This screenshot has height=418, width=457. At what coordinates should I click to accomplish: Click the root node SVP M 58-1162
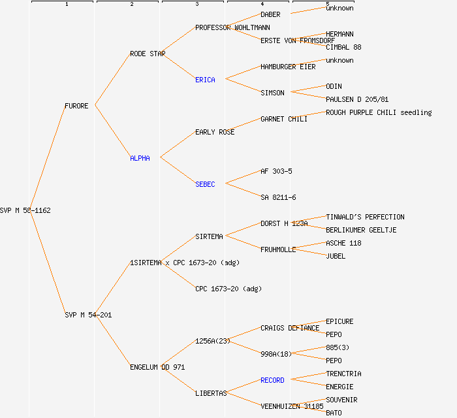coord(25,210)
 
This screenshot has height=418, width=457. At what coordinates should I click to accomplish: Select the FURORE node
coord(76,106)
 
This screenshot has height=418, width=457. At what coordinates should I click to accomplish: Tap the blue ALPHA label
coord(140,158)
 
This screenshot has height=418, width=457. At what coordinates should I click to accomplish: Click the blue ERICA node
coord(205,80)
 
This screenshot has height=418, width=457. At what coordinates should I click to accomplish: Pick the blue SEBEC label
coord(205,184)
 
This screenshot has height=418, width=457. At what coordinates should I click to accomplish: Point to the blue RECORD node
coord(272,380)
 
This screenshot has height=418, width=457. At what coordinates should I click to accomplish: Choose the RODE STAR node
coord(148,54)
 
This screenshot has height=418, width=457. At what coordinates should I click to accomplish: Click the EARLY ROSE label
coord(215,132)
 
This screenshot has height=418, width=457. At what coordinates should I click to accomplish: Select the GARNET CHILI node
coord(284,119)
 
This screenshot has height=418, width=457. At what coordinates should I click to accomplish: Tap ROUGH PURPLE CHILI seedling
coord(379,112)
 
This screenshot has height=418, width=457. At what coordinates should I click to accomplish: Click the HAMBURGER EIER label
coord(288,67)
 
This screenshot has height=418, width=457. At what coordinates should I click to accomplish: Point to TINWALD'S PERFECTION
coord(365,217)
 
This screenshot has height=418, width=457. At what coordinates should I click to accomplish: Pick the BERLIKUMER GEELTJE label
coord(361,230)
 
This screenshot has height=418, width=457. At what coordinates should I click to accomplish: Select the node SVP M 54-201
coord(88,315)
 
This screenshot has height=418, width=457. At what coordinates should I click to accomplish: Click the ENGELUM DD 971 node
coord(157,367)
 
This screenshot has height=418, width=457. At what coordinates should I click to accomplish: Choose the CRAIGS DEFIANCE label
coord(290,328)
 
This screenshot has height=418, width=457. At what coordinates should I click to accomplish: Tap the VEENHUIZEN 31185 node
coord(292,406)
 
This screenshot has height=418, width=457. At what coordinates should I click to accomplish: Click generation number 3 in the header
coord(197,5)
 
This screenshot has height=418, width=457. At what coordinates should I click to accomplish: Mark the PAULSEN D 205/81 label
coord(357,99)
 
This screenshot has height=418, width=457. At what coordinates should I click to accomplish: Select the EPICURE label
coord(339,321)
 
